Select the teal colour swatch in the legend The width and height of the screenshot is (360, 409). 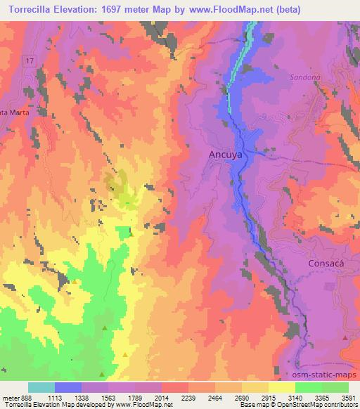point(41,387)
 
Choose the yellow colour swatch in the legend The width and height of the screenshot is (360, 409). point(282,387)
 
